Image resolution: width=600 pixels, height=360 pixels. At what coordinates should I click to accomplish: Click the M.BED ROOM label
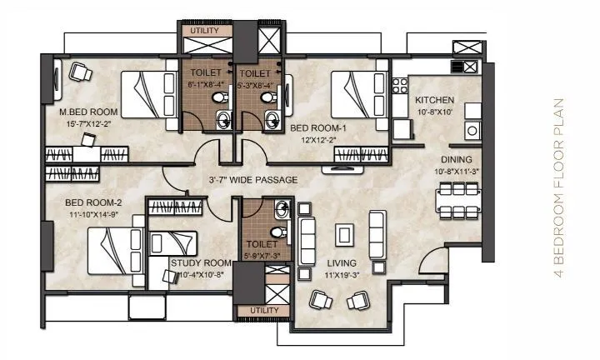pos(87,112)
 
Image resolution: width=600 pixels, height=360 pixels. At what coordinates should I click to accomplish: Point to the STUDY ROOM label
pos(200,263)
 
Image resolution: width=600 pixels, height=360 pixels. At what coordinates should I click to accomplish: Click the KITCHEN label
pos(434,100)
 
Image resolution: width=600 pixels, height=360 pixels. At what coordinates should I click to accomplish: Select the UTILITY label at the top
pos(203,31)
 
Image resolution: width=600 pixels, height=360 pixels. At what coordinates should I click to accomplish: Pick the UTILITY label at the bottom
pos(254,311)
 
